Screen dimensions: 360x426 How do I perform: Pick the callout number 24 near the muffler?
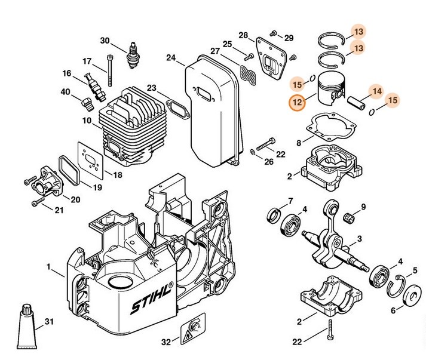[x=171, y=58]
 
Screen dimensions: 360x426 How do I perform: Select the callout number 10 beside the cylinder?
[x=87, y=121]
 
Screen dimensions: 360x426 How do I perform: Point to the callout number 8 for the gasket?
[x=299, y=143]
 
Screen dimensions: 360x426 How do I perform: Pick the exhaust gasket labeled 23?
[x=176, y=109]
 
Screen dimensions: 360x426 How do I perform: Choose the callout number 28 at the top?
[x=243, y=35]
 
